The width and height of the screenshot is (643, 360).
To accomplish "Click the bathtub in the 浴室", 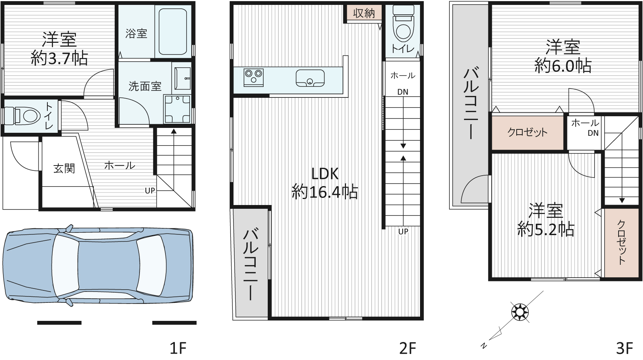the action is (173, 31).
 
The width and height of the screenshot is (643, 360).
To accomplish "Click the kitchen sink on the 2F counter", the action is (310, 77).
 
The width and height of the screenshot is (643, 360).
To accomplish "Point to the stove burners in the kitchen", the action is (253, 77).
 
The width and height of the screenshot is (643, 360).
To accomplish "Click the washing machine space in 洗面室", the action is (177, 109).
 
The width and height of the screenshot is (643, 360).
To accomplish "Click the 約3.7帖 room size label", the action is (59, 59).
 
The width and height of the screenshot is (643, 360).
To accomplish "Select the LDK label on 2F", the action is (325, 174).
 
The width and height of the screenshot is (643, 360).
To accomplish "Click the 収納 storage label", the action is (364, 13).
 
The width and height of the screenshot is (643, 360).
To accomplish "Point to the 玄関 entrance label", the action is (64, 169).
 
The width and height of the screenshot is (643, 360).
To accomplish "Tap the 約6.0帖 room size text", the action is (563, 66).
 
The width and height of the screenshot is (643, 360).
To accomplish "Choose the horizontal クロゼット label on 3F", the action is (528, 132).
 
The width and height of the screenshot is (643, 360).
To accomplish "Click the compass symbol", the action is (520, 312).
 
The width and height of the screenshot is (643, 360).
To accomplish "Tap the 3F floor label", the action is (625, 348).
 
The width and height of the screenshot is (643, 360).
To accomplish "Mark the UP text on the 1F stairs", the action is (150, 191).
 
